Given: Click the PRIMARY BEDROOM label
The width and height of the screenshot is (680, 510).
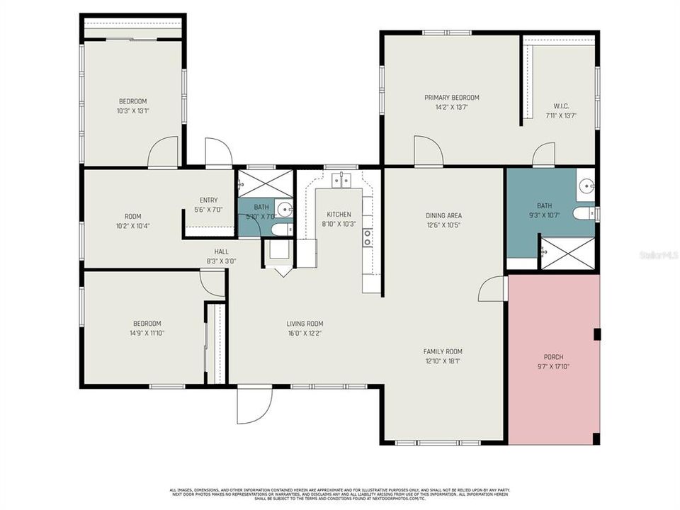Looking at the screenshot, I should point(451,98).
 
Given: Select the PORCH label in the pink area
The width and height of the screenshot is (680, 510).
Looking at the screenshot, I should point(553,356).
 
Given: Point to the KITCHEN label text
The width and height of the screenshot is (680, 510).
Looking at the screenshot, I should point(339,215).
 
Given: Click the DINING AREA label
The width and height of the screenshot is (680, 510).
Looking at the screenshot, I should point(443,215).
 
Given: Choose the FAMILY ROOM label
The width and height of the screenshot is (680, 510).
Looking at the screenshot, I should point(443,351).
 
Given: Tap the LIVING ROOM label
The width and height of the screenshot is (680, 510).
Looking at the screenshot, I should point(305,324).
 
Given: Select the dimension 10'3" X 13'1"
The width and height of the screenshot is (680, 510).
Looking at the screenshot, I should point(132,110).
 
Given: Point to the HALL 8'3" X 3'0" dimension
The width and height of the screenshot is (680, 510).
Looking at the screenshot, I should point(221,261).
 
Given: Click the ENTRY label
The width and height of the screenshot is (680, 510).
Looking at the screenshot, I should point(208,200).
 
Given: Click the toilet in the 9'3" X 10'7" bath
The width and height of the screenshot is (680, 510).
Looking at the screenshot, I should point(585,213).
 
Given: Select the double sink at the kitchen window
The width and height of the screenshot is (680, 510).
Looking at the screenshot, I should point(341,180).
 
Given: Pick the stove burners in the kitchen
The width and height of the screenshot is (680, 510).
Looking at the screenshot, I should point(368,237).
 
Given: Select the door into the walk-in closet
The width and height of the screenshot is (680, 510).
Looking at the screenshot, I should point(544,154).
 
